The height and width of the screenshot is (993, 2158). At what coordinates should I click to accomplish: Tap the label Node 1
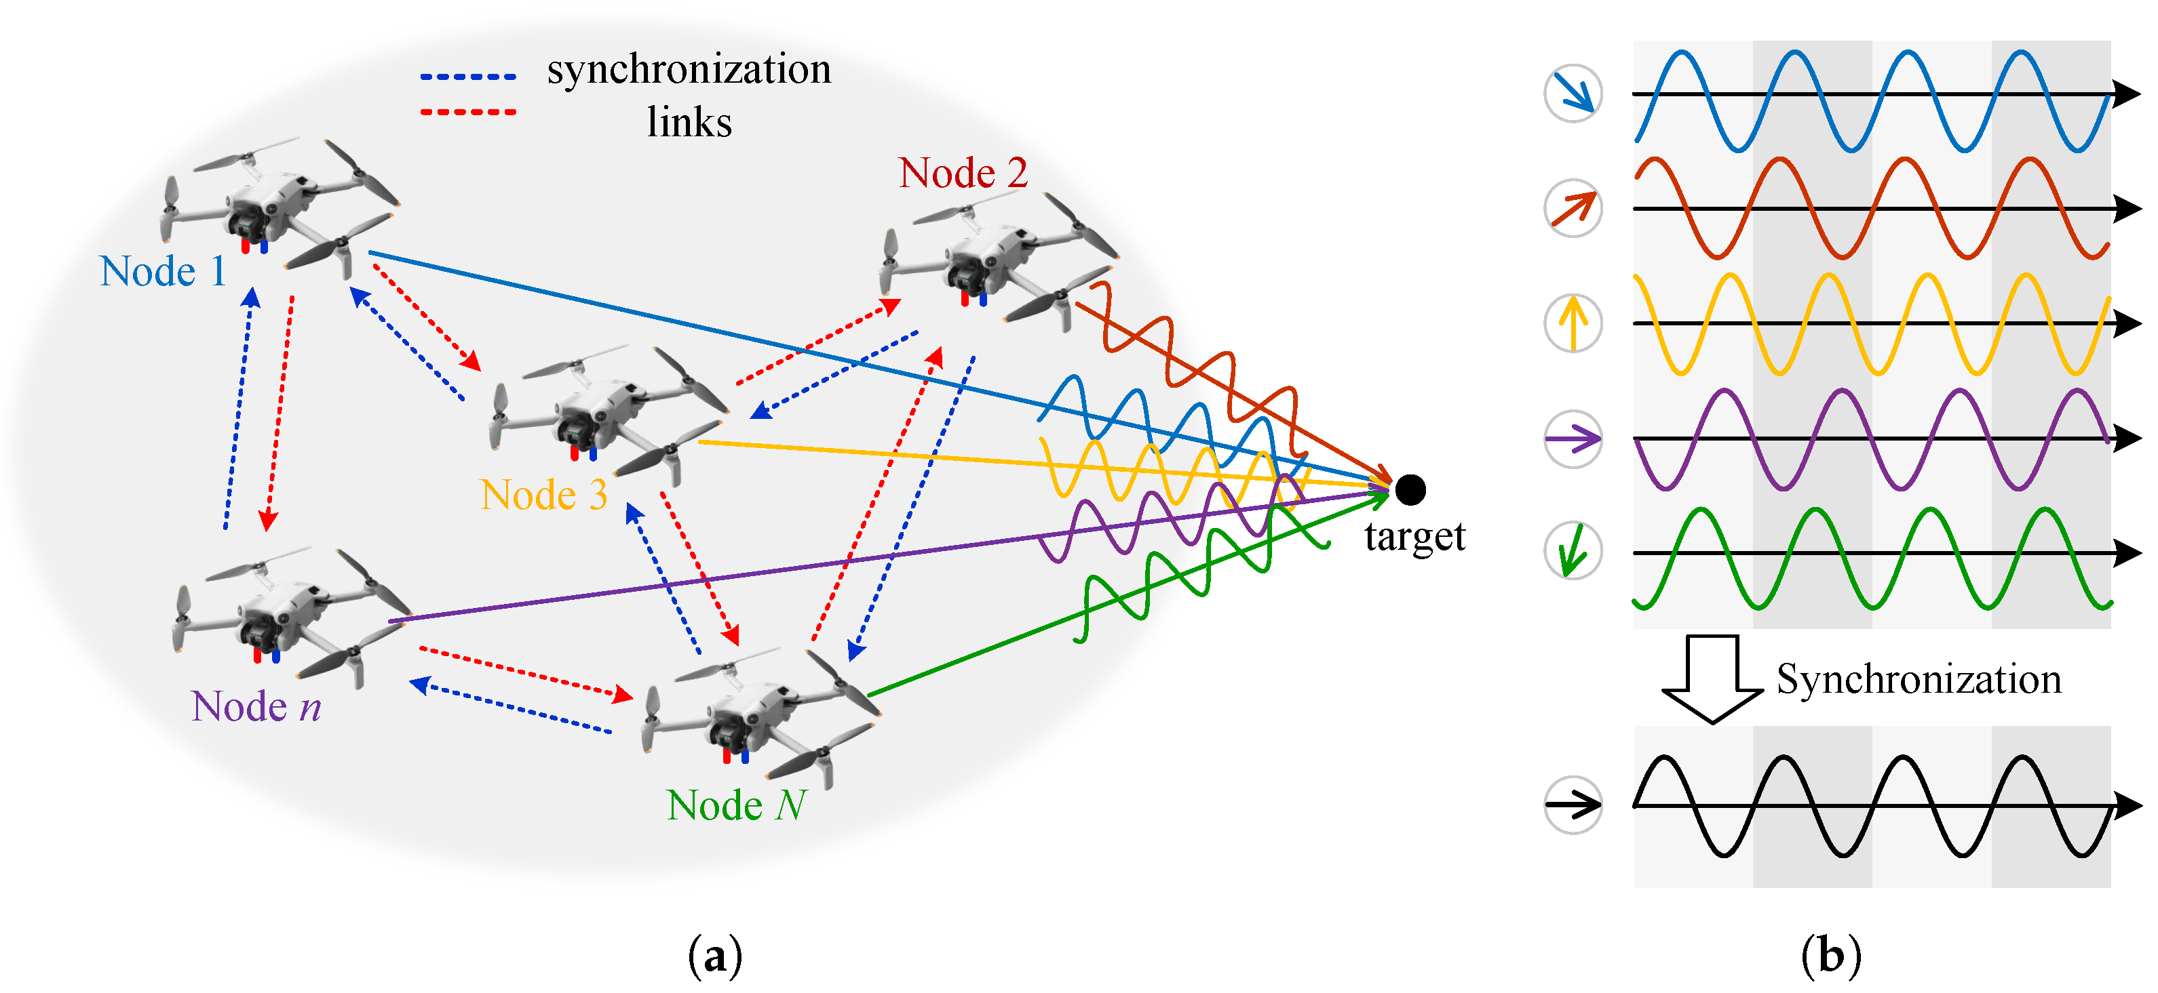point(163,271)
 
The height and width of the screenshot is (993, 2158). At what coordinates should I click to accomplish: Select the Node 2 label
point(963,174)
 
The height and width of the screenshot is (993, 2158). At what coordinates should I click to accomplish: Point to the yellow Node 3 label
point(543,495)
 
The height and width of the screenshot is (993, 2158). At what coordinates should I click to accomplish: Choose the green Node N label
point(736,805)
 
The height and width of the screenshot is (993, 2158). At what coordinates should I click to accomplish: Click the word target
point(1414,537)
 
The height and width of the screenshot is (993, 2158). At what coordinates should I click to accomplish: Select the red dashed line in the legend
point(467,111)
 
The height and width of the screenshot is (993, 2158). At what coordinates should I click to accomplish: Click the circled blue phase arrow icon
point(1573,93)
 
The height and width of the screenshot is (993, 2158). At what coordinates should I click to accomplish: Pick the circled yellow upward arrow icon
point(1573,323)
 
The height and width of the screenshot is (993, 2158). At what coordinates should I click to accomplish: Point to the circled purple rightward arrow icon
point(1573,438)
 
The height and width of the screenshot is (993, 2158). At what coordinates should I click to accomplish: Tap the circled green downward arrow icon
point(1573,551)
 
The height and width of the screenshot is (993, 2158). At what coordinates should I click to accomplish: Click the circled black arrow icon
point(1573,805)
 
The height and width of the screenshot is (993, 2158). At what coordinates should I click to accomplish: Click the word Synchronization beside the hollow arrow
point(1919,679)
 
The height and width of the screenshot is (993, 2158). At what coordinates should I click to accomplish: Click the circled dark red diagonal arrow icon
point(1573,207)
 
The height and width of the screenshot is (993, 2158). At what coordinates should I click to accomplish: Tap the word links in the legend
point(689,122)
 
